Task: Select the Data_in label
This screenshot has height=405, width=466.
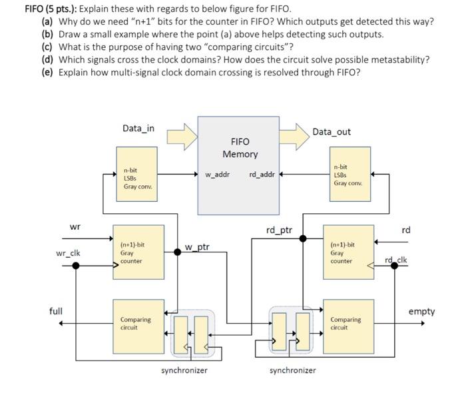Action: tap(138, 128)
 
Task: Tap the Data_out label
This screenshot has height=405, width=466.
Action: tap(331, 132)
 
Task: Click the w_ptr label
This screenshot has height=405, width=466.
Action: tap(197, 247)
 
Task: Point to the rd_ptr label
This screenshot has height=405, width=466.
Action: tap(279, 230)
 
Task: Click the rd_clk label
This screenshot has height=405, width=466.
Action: tap(395, 259)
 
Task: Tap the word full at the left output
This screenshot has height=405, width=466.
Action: tap(56, 311)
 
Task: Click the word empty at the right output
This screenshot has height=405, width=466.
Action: tap(421, 311)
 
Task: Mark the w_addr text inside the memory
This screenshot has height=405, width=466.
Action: tap(217, 175)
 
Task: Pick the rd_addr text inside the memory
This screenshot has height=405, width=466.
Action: tap(262, 175)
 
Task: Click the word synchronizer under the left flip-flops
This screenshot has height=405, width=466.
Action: tap(184, 370)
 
